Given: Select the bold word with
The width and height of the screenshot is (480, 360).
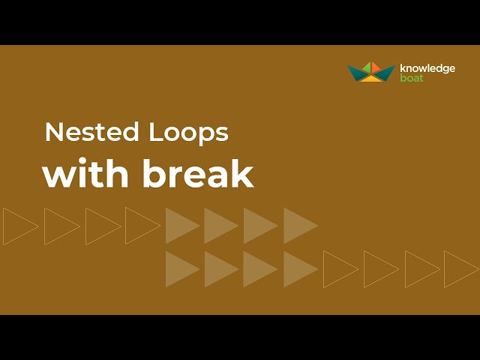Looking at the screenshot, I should pos(88,174).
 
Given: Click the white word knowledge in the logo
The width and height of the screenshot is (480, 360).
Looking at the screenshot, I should pos(427,68).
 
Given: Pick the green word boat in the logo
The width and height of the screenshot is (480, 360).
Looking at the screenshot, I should pos(411,77).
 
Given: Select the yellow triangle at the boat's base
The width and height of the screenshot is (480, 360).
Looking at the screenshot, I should pos(372,76).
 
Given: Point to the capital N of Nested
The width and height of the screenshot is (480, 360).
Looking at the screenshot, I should pos(53,132).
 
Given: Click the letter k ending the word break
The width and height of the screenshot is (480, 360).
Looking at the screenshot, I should pos(243,174).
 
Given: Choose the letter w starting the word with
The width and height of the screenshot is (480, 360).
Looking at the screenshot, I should pos(58,175).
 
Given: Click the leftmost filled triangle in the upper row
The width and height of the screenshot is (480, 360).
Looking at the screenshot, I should pos(180,226).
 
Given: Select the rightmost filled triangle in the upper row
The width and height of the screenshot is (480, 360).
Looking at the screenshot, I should pos(298,226).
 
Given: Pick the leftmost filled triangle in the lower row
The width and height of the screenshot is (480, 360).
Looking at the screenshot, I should pos(180,268).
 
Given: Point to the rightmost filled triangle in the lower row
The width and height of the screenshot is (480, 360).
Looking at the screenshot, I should pos(298,268).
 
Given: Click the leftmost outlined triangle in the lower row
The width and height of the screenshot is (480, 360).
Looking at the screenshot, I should pos(338,268).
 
